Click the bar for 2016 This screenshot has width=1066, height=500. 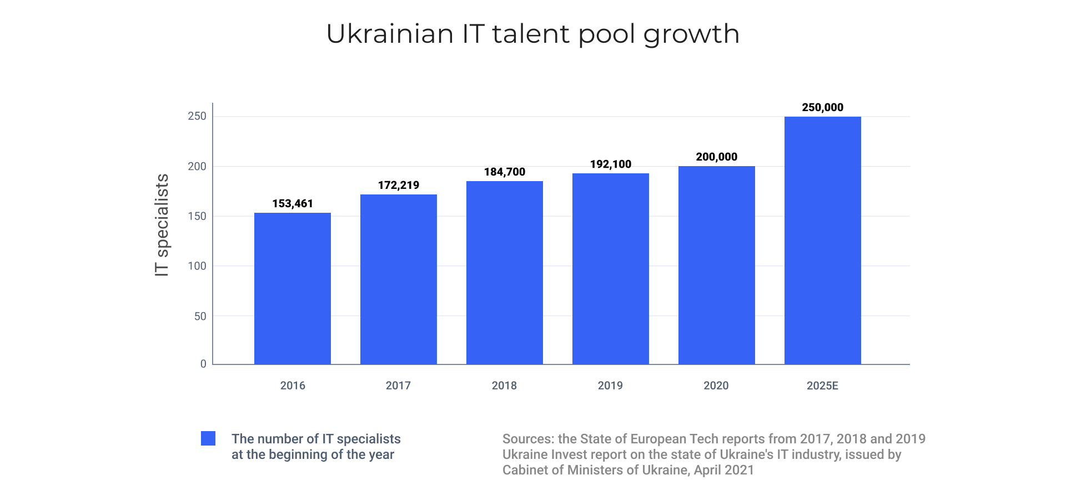[x=293, y=288]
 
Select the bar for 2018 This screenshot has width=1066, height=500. [x=505, y=273]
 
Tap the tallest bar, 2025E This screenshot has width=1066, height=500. [x=822, y=241]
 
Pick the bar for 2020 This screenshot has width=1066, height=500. [x=716, y=265]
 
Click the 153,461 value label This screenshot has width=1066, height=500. [x=293, y=204]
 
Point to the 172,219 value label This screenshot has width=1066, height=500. [x=399, y=186]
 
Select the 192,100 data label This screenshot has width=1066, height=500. [x=611, y=164]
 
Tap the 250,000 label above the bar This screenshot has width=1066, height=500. [x=822, y=108]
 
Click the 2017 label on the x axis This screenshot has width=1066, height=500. [x=398, y=386]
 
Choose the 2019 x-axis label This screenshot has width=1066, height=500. [x=610, y=386]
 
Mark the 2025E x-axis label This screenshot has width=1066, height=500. [x=822, y=386]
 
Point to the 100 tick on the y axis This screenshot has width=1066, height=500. [x=197, y=266]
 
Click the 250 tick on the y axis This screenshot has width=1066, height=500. [x=197, y=116]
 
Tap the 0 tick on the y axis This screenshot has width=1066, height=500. [x=203, y=364]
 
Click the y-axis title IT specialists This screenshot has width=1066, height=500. [x=162, y=225]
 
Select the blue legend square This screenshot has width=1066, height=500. [x=208, y=438]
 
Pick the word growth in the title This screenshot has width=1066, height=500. [x=691, y=35]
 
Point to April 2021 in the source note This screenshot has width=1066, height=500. [x=724, y=470]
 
